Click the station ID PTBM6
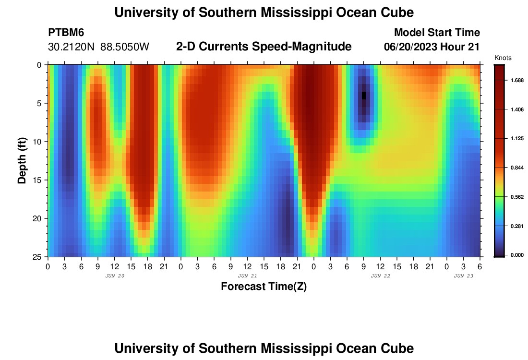66,33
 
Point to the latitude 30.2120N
72,47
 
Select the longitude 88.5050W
125,47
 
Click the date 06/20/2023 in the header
412,47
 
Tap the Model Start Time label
436,33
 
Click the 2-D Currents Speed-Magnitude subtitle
264,47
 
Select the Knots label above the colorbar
503,58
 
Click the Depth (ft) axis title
22,160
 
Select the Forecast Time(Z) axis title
264,287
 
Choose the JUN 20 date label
114,276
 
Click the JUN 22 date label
380,276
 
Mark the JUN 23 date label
464,276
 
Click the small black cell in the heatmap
364,96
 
